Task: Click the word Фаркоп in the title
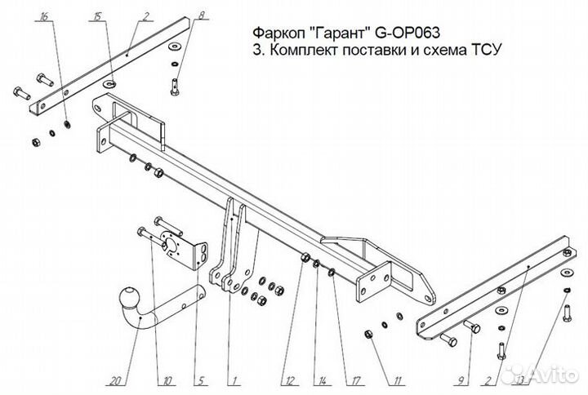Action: (275, 33)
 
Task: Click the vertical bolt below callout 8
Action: (175, 83)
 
